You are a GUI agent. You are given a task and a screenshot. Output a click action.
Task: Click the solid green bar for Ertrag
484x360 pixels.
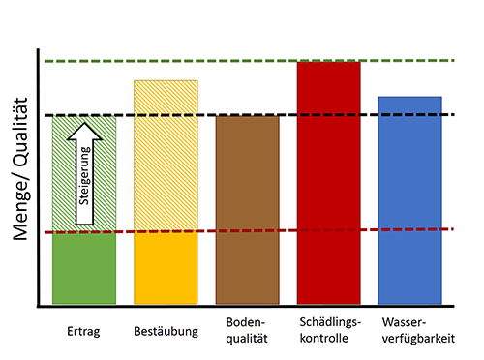pos(84,268)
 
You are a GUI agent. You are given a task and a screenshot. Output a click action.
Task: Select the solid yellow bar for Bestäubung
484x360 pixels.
pos(166,268)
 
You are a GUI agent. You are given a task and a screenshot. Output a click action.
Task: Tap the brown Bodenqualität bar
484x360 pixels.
pos(247,208)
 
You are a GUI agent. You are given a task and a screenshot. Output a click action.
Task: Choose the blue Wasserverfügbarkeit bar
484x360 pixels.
pos(409,198)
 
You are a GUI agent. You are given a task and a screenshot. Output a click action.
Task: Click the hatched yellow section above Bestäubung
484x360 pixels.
pos(166,155)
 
